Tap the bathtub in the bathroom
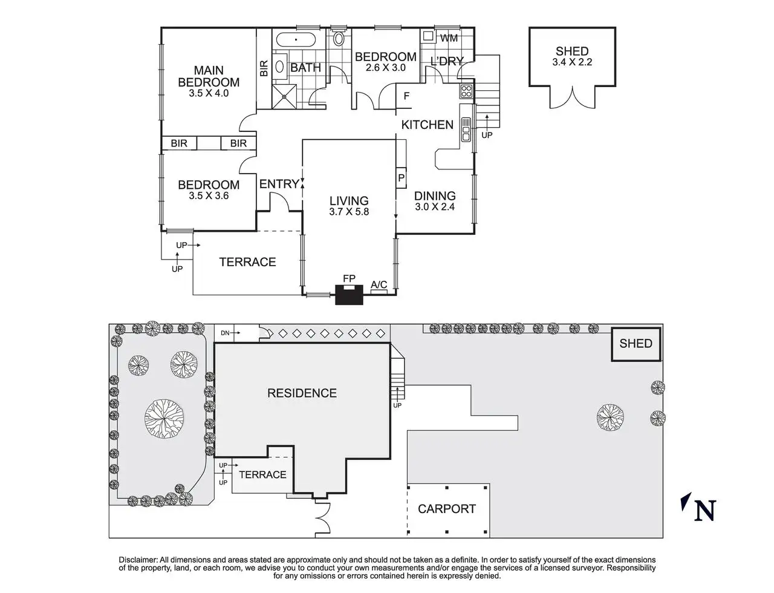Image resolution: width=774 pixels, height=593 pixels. pyautogui.click(x=296, y=41)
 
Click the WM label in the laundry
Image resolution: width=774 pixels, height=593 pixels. pyautogui.click(x=449, y=38)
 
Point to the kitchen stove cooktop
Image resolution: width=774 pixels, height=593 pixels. pyautogui.click(x=466, y=91)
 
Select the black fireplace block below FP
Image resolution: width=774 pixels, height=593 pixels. pyautogui.click(x=348, y=295)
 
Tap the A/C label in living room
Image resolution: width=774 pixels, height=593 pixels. pyautogui.click(x=379, y=284)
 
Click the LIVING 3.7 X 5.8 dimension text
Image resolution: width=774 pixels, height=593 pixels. pyautogui.click(x=349, y=212)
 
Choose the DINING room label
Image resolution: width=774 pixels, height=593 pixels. pyautogui.click(x=435, y=195)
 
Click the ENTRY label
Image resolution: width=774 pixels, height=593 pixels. pyautogui.click(x=279, y=184)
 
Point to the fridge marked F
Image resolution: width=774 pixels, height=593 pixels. pyautogui.click(x=406, y=96)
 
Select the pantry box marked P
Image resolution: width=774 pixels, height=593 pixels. pyautogui.click(x=401, y=178)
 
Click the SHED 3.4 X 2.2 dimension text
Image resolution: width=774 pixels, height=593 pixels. pyautogui.click(x=571, y=62)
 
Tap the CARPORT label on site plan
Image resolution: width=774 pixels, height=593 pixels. pyautogui.click(x=447, y=509)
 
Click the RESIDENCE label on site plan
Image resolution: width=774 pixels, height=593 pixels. pyautogui.click(x=302, y=393)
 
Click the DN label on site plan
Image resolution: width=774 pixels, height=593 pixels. pyautogui.click(x=224, y=333)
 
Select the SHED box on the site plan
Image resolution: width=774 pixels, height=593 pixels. pyautogui.click(x=636, y=344)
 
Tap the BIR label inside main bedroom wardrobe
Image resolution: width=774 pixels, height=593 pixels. pyautogui.click(x=264, y=68)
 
